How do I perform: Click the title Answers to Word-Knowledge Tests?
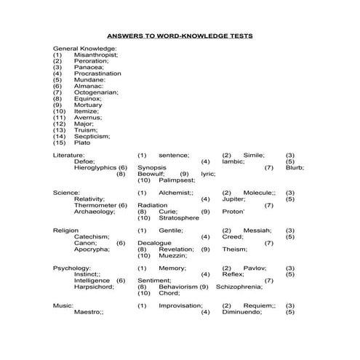tap(180, 36)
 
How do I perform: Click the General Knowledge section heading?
tap(84, 47)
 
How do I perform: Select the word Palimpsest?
tap(177, 180)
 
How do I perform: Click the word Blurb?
tap(295, 167)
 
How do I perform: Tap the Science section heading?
tap(66, 193)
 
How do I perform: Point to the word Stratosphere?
tap(179, 217)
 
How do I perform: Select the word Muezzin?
tap(172, 255)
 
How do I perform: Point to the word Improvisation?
tap(180, 305)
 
